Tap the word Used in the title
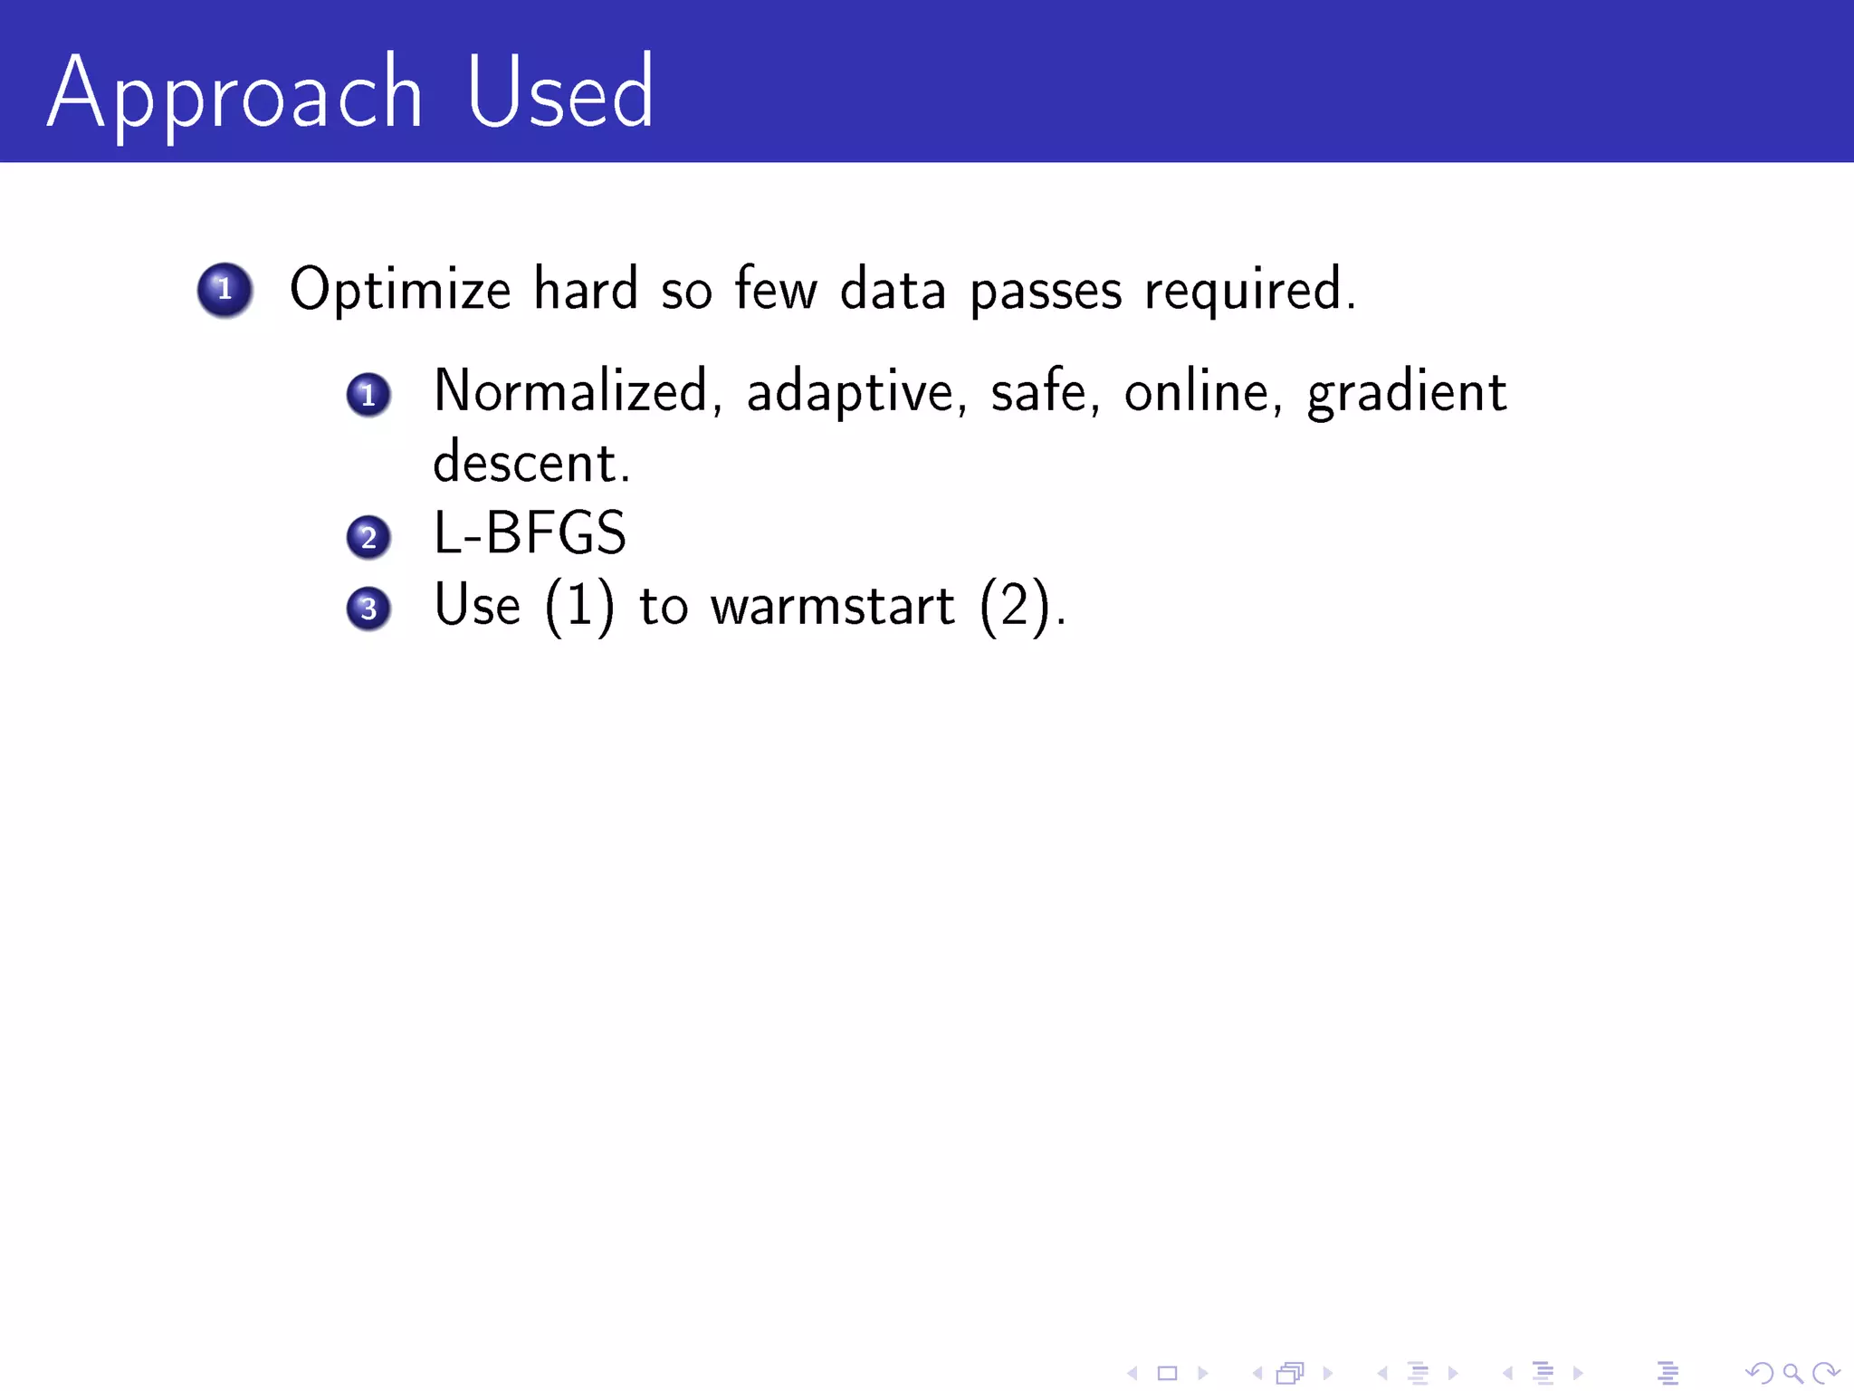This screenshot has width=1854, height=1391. tap(559, 92)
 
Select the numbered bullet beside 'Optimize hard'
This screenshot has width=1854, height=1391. tap(225, 290)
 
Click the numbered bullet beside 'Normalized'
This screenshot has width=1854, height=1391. tap(368, 395)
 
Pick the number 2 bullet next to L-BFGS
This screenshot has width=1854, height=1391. tap(368, 537)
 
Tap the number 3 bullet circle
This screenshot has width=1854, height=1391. tap(368, 609)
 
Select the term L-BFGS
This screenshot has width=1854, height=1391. tap(530, 533)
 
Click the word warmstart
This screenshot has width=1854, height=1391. tap(832, 606)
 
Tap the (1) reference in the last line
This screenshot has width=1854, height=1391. tap(579, 606)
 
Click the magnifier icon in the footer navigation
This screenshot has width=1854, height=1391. tap(1792, 1373)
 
